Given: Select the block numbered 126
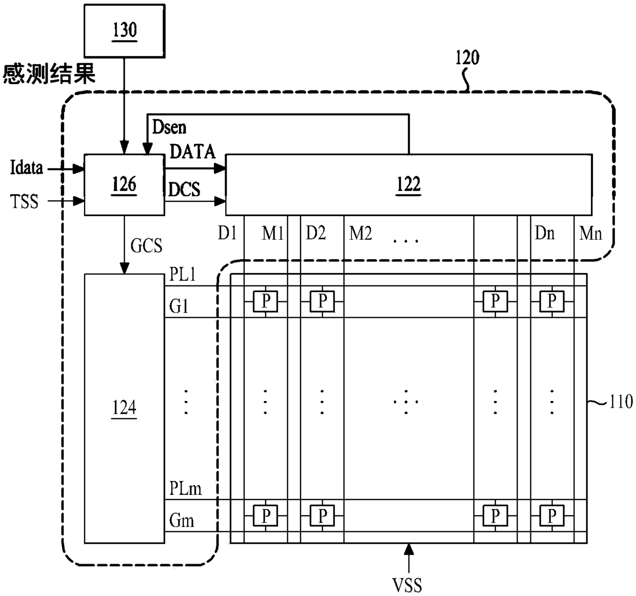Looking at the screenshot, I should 124,184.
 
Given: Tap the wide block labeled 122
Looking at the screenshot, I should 408,184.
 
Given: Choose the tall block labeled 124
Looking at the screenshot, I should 124,408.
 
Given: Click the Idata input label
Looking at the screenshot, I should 26,168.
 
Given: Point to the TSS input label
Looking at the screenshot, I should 25,201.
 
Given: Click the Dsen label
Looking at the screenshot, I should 169,127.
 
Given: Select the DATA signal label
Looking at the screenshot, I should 192,152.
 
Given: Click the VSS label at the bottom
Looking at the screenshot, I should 408,584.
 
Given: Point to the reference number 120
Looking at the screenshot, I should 467,57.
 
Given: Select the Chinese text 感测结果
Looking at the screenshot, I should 49,74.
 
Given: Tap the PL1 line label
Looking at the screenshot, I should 183,275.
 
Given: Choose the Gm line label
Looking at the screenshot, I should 182,521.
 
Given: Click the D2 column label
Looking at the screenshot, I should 316,234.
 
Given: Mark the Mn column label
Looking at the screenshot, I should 591,234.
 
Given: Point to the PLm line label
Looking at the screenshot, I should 185,488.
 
